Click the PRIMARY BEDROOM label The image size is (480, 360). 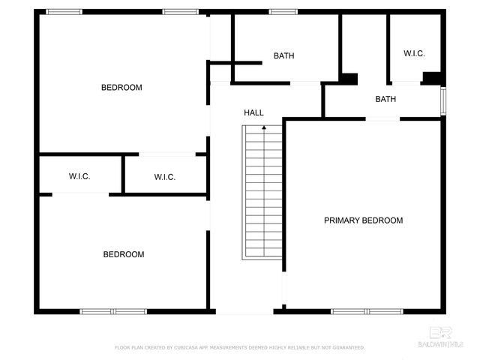pos(363,220)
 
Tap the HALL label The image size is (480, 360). pos(253,112)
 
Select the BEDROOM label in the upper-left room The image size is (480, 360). pos(121,88)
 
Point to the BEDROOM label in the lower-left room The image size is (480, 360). pos(123,254)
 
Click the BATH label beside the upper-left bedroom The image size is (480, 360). pos(283,56)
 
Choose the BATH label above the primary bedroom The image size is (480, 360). pos(385,99)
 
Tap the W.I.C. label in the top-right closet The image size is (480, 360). pos(414,53)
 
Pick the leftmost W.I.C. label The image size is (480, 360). pos(79,177)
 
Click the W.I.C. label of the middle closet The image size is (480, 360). pos(164,177)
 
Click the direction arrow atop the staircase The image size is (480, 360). pos(263,129)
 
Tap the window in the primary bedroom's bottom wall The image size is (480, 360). pos(367,310)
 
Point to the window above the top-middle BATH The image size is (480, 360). pos(283,12)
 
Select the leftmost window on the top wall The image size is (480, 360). pos(64,12)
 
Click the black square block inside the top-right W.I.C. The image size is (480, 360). pos(431,77)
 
